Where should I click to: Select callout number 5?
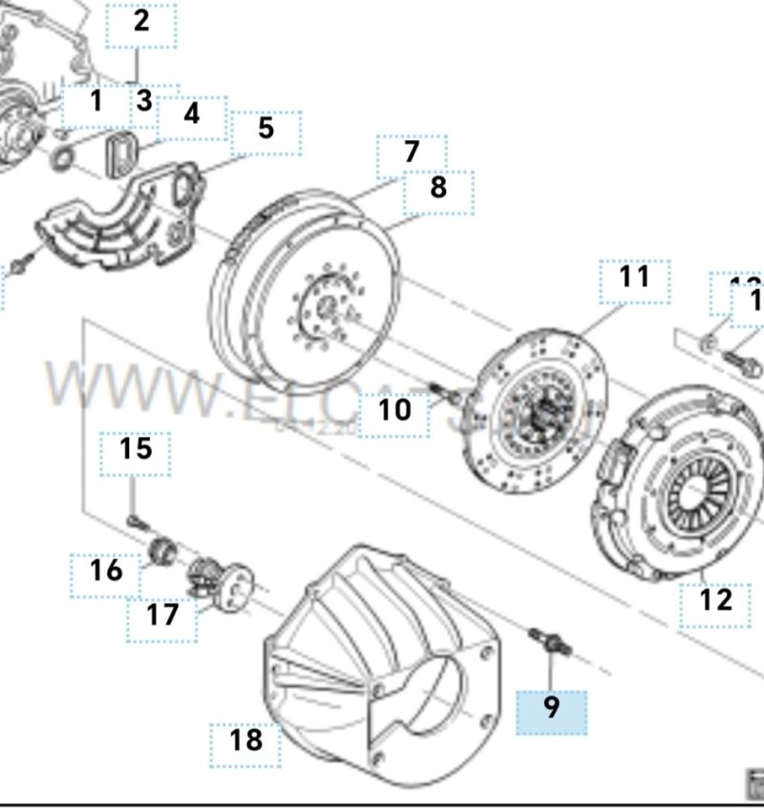click(265, 129)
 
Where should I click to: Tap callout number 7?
click(412, 153)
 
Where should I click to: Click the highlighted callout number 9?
click(552, 708)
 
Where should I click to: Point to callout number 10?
click(393, 410)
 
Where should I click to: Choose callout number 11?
click(634, 278)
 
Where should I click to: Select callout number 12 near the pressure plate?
click(715, 600)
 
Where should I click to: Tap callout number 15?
click(136, 449)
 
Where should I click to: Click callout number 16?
click(107, 571)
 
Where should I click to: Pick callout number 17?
click(162, 614)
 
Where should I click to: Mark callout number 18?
click(246, 739)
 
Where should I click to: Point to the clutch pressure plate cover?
click(683, 487)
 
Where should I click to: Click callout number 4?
click(192, 115)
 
